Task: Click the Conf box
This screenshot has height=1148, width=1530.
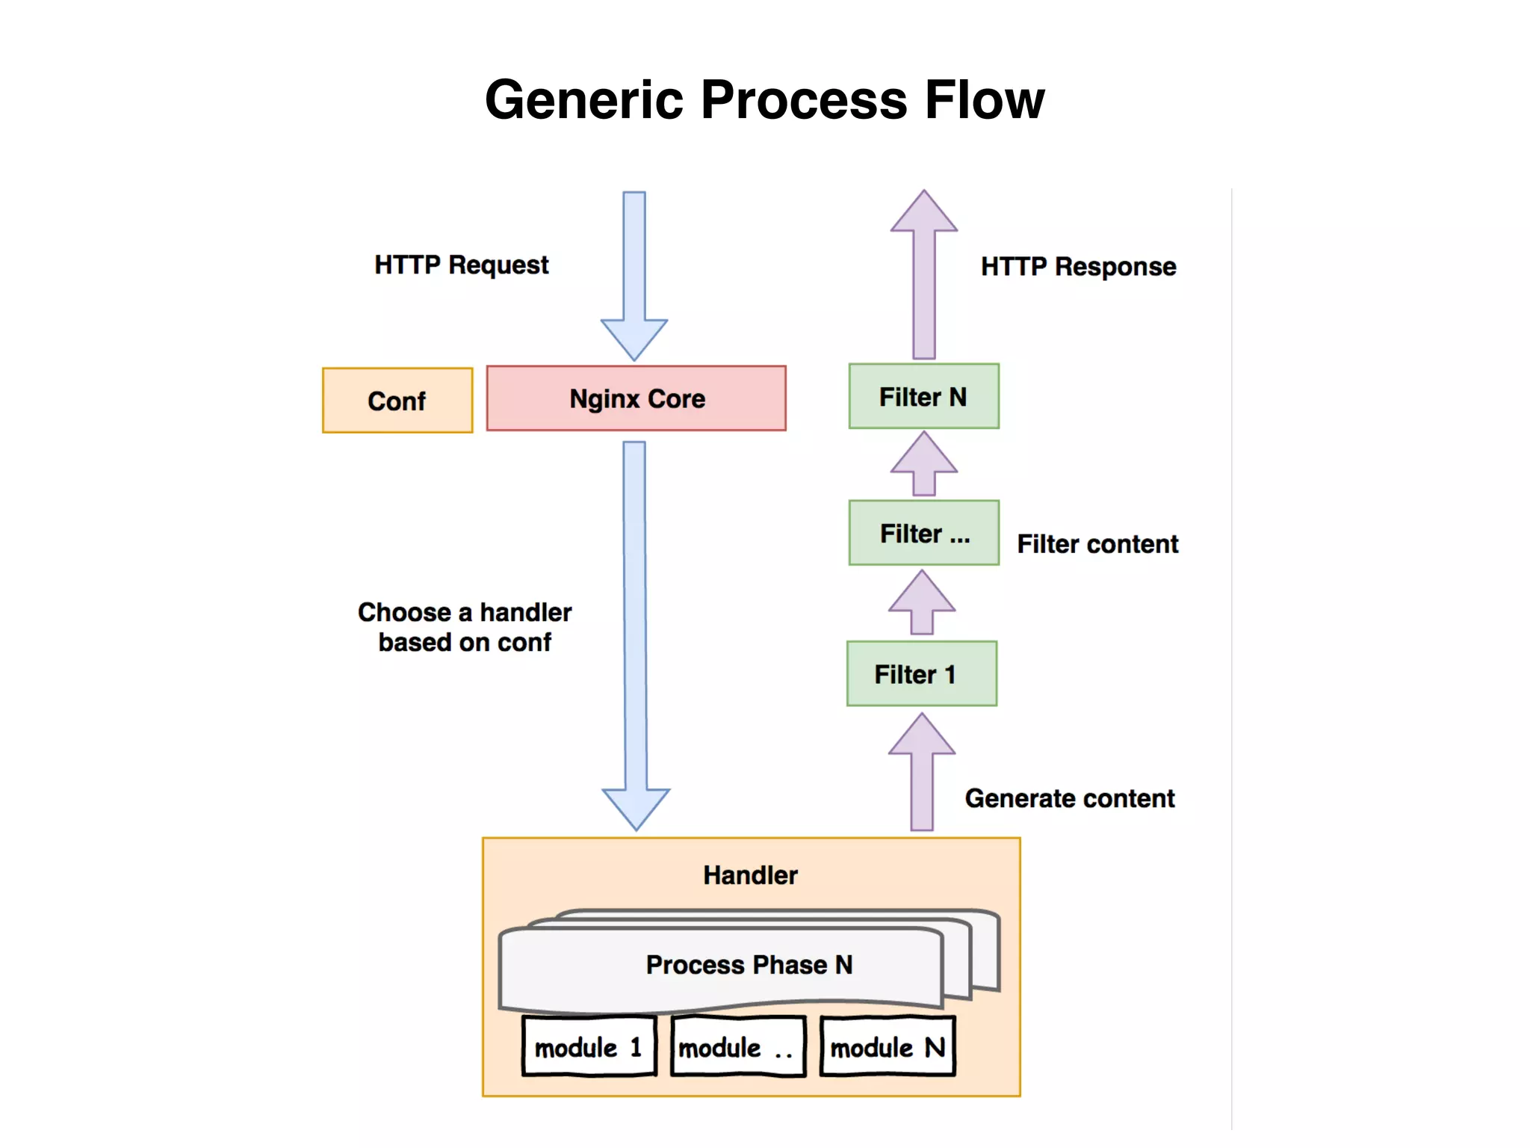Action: point(397,401)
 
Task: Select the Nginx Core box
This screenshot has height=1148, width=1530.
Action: point(636,398)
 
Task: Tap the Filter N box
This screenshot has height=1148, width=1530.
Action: point(923,397)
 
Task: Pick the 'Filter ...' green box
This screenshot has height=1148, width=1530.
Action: point(923,533)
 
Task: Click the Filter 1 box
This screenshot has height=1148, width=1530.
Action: point(921,674)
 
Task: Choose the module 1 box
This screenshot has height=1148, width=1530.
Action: point(589,1047)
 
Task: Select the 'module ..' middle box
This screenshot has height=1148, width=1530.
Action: point(737,1047)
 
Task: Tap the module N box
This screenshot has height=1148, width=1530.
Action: point(888,1047)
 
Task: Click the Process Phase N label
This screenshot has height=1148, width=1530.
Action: point(749,965)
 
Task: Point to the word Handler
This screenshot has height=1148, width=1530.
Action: point(750,875)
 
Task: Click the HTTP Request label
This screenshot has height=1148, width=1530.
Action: point(462,265)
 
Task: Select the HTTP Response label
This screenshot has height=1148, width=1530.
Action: point(1078,267)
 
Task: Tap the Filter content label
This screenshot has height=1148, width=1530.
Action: point(1097,544)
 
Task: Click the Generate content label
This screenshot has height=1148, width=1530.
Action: point(1069,798)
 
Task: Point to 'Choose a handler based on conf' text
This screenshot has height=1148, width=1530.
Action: point(465,627)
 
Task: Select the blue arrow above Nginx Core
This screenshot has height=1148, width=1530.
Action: point(634,277)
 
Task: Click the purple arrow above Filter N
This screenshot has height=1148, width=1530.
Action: point(924,277)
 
